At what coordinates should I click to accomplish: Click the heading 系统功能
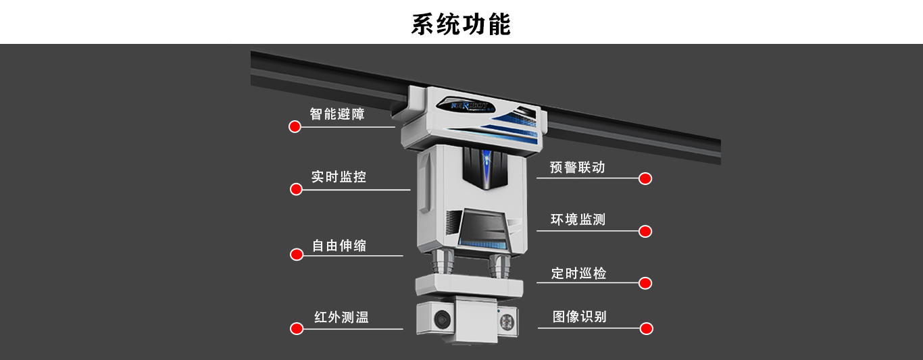click(461, 24)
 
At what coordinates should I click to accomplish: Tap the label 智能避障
click(337, 114)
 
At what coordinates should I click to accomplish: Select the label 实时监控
click(339, 177)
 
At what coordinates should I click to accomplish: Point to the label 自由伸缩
click(339, 246)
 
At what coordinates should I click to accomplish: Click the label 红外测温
click(341, 317)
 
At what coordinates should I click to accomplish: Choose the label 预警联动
click(577, 167)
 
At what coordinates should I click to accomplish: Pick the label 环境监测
click(578, 220)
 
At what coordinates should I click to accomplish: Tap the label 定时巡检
click(578, 273)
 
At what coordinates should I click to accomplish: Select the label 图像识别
click(579, 316)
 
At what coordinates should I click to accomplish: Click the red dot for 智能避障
click(295, 127)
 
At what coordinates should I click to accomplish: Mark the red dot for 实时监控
click(296, 189)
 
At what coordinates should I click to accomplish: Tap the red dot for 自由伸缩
click(296, 255)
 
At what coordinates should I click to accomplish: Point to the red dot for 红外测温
click(296, 329)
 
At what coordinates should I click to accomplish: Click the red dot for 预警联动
click(645, 178)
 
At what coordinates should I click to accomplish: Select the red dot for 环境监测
click(645, 231)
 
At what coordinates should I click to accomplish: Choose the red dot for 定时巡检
click(645, 283)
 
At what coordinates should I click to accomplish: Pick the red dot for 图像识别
click(647, 329)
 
